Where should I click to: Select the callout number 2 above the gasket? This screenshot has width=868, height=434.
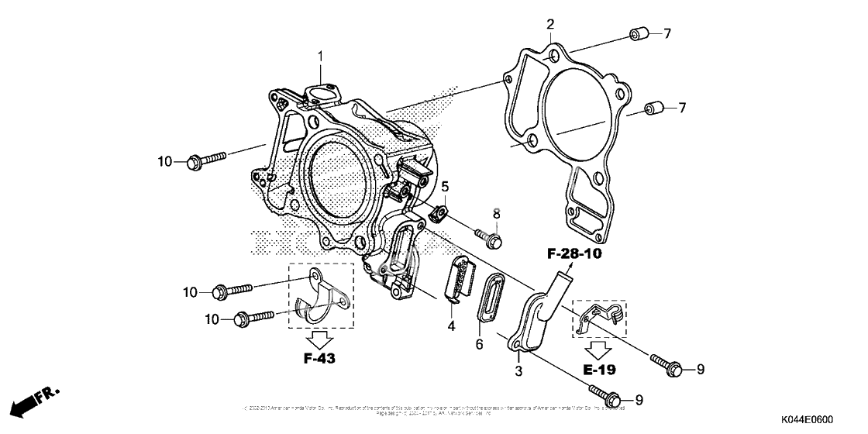(x=549, y=22)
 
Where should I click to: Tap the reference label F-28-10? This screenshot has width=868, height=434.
(x=574, y=253)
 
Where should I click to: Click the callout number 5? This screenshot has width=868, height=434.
(x=445, y=186)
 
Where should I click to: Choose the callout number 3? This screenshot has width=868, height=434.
(x=518, y=371)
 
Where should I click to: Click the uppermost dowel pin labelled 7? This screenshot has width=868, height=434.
(x=637, y=34)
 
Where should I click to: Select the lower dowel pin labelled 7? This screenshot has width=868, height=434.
(x=655, y=108)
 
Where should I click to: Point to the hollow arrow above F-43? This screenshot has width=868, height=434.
(x=321, y=338)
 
